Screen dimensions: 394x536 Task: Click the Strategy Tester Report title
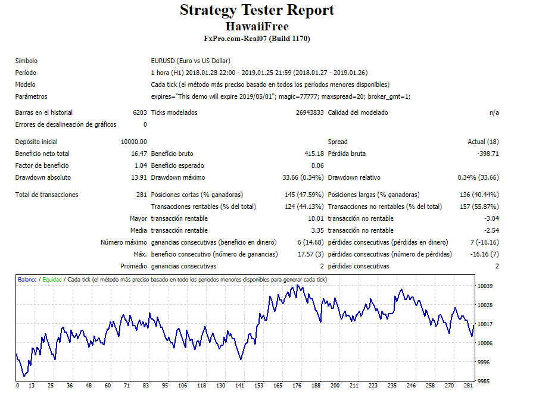coord(257,10)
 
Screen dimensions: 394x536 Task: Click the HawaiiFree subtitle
coord(257,26)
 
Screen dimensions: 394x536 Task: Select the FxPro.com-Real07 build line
coord(257,39)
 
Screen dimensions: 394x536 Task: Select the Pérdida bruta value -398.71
coord(488,154)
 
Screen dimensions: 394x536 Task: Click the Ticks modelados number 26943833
coord(310,112)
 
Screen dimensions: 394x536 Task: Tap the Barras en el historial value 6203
coord(139,112)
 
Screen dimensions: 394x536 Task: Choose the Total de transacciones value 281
coord(141,195)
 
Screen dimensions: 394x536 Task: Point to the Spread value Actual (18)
coord(483,142)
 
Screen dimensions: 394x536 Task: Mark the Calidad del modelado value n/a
coord(494,112)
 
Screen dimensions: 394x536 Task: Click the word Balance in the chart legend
coord(27,280)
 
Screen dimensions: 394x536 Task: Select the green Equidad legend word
coord(52,280)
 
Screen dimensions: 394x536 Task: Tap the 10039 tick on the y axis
coord(485,286)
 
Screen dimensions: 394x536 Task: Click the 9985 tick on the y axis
coord(485,381)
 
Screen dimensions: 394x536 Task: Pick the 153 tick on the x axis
coord(258,386)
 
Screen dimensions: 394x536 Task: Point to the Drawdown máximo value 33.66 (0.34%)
coord(303,177)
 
